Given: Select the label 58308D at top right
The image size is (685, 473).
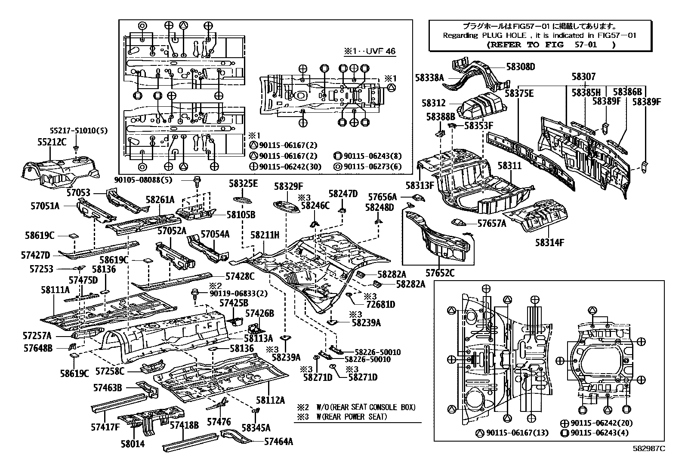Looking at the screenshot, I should click(520, 67).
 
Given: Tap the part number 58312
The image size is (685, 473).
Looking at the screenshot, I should click(434, 103).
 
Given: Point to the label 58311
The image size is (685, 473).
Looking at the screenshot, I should click(510, 166).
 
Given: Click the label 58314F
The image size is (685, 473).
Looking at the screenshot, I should click(549, 243).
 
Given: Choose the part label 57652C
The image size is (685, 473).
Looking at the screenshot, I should click(440, 273).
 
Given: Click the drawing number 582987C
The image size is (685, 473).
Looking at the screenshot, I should click(648, 448).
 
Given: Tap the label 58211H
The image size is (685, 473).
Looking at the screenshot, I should click(265, 235).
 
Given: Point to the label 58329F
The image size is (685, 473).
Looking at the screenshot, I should click(289, 186).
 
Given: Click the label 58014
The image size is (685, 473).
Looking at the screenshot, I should click(133, 444).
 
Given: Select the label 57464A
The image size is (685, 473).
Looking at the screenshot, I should click(278, 441).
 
